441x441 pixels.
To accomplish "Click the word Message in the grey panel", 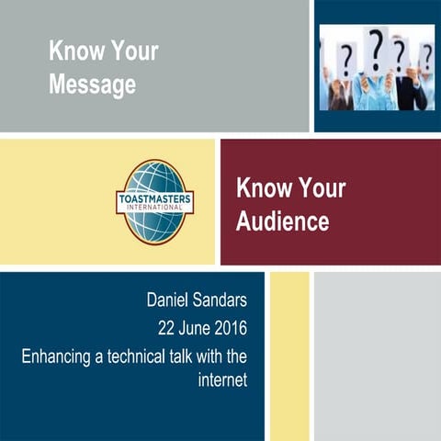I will pyautogui.click(x=93, y=85).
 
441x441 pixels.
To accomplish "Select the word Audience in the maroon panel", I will pyautogui.click(x=282, y=220).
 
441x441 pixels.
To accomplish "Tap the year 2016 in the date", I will pyautogui.click(x=231, y=326).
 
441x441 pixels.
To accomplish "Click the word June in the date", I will pyautogui.click(x=187, y=326).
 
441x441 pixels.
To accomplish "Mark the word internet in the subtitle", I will pyautogui.click(x=223, y=380).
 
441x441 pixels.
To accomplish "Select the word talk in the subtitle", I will pyautogui.click(x=204, y=354).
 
